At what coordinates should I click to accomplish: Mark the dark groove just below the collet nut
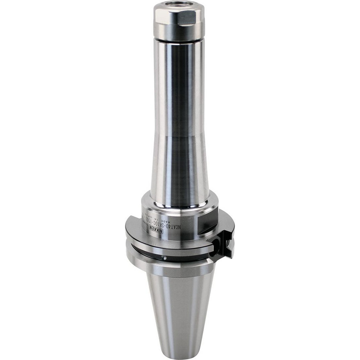point(179,41)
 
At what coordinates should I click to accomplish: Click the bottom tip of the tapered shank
point(179,355)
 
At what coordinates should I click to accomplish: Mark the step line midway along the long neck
point(179,137)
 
